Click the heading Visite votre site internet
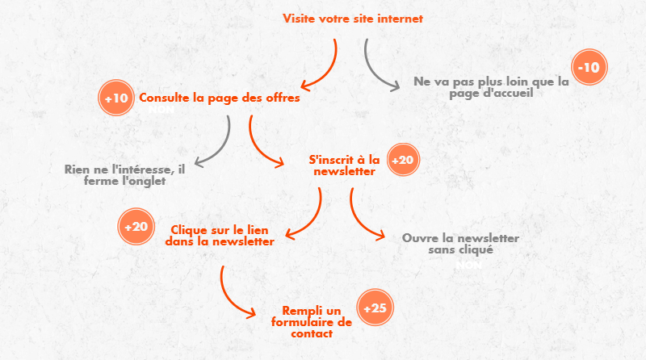(x=352, y=19)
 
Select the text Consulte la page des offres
(x=220, y=98)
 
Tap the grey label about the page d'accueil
(x=491, y=87)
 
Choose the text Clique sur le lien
(x=220, y=235)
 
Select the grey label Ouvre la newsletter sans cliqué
(x=460, y=244)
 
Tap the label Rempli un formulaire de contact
(x=312, y=321)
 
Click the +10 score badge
(x=116, y=98)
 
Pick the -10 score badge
(x=589, y=68)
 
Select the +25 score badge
(x=375, y=308)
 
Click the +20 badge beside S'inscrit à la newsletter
(x=402, y=160)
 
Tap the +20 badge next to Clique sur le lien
(x=136, y=226)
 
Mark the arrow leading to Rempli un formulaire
(x=230, y=295)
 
